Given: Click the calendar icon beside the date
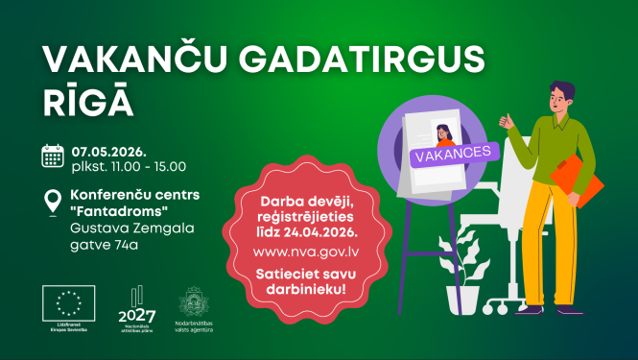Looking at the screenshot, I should point(53,156).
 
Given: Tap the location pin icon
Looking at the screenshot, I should point(53,202).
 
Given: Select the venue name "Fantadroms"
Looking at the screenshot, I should point(109,210).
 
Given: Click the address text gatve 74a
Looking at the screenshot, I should point(103,245).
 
